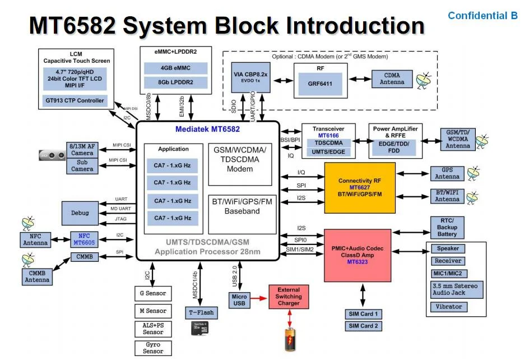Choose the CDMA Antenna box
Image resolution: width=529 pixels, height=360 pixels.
tap(392, 79)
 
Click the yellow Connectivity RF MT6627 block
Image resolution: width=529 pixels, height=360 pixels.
tap(360, 188)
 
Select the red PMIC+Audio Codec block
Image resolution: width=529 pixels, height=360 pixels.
tap(360, 255)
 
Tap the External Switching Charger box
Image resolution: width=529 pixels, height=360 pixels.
tap(289, 297)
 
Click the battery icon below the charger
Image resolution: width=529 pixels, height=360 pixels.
tap(289, 340)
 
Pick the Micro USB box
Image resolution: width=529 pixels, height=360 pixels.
tap(239, 300)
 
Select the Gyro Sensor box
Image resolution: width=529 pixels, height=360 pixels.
tap(153, 347)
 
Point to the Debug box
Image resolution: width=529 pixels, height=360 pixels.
tap(80, 213)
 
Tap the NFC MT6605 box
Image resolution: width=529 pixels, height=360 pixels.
tap(85, 239)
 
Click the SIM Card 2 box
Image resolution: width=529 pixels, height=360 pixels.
tap(363, 326)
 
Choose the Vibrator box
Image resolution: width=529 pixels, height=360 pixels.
tap(448, 307)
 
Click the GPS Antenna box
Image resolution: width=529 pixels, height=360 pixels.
tap(447, 173)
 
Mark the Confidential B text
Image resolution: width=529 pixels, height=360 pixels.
tap(482, 16)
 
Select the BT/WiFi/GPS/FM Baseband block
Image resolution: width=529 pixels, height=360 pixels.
tap(242, 206)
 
